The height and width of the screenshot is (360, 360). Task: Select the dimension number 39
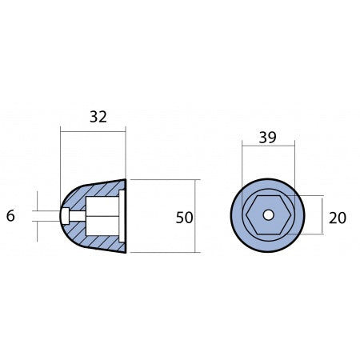(x=268, y=138)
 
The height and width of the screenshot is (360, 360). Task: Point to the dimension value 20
(x=337, y=217)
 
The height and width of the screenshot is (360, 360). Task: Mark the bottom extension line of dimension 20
(x=308, y=235)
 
